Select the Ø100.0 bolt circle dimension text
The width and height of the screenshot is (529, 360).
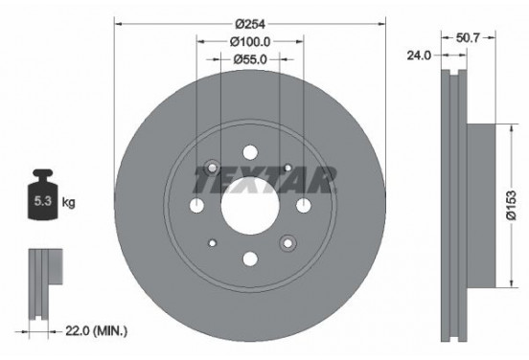[250, 41]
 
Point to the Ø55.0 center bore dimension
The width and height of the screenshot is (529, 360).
[250, 59]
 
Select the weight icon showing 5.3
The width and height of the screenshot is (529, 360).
[42, 198]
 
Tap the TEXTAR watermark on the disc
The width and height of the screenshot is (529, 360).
[265, 179]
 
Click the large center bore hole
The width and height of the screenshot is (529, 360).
[250, 204]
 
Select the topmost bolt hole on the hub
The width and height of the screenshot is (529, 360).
[250, 152]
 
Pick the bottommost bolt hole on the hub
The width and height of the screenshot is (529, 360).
[250, 257]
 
